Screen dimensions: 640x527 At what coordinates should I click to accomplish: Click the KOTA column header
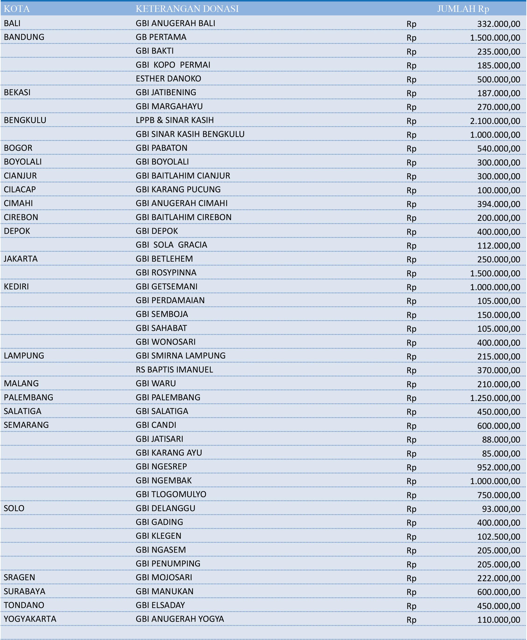[x=17, y=9]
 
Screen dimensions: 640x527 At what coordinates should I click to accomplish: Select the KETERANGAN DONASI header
[x=187, y=9]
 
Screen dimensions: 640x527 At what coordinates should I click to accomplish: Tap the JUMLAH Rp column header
[x=463, y=9]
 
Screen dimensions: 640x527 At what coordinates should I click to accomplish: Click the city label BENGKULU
[x=25, y=120]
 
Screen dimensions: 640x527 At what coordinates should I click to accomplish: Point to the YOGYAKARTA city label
[x=30, y=619]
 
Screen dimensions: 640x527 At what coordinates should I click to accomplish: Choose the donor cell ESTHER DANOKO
[x=168, y=79]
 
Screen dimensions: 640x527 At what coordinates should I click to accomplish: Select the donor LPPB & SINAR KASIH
[x=174, y=120]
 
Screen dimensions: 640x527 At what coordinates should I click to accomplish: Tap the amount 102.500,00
[x=499, y=537]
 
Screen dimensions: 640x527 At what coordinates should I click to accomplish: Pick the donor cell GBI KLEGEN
[x=158, y=536]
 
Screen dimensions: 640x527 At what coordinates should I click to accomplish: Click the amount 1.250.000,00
[x=495, y=398]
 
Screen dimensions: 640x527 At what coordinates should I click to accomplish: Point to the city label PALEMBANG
[x=28, y=397]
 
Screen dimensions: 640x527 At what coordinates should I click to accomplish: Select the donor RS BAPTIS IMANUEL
[x=174, y=369]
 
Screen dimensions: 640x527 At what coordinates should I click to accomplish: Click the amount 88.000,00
[x=501, y=440]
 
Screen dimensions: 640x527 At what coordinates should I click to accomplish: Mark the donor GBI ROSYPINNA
[x=166, y=272]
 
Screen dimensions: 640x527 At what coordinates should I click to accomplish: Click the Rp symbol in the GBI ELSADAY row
[x=411, y=606]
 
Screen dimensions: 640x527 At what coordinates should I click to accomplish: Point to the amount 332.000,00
[x=499, y=24]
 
